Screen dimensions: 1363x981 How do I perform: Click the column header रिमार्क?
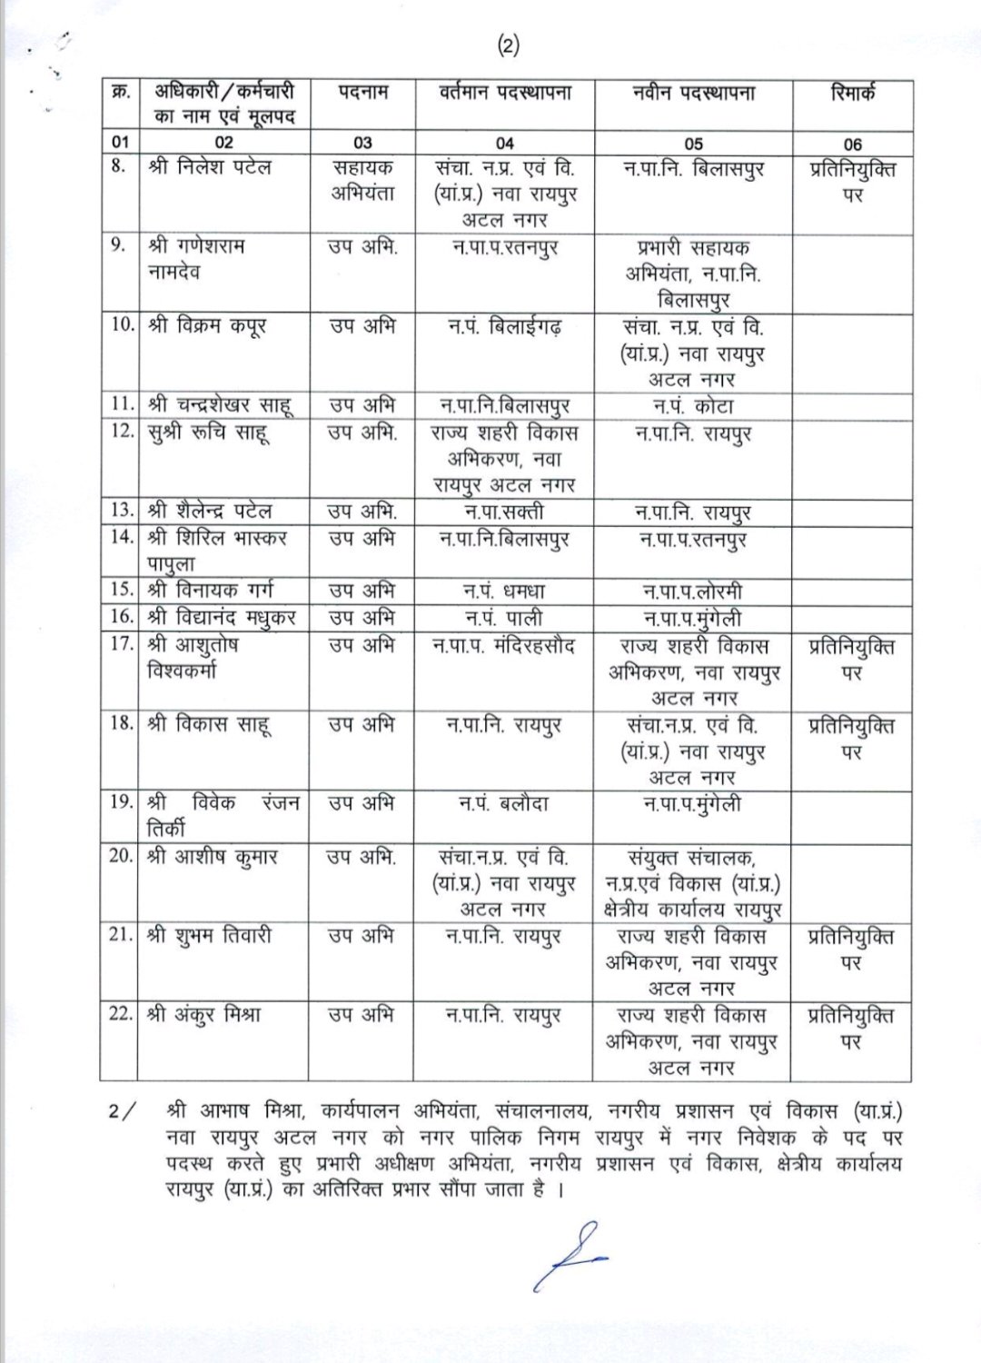853,94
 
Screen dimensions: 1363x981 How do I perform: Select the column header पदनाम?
362,94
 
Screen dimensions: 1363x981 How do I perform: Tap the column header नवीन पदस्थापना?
692,94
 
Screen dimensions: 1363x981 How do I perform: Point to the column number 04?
505,143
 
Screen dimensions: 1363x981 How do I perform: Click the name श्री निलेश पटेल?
211,168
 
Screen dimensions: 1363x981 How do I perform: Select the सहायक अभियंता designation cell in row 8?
362,181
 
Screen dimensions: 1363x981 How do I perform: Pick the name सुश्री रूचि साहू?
208,433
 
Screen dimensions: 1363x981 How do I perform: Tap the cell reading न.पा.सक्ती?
505,512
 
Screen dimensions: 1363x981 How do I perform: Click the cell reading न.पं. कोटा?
692,406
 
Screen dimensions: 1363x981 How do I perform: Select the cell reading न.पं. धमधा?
505,592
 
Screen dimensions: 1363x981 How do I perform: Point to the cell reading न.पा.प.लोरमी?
692,592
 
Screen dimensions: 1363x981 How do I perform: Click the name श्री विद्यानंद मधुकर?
222,619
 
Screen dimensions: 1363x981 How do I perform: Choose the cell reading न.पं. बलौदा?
505,803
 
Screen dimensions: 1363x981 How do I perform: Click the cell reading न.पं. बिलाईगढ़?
505,326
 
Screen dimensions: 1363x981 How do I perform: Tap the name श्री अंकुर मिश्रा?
204,1015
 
